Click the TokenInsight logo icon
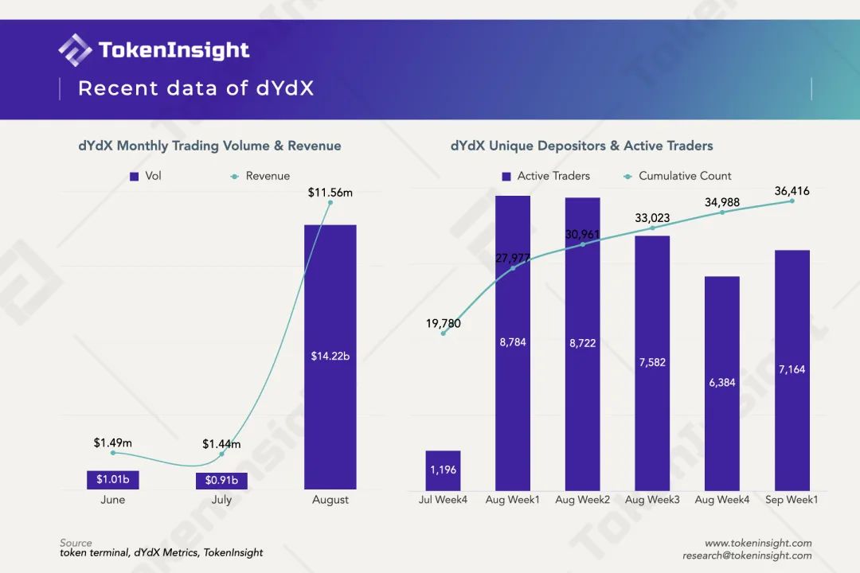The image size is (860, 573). coord(75,50)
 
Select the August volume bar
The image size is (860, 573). coord(330,357)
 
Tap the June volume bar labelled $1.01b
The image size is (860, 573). coord(113,479)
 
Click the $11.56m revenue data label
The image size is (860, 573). coord(330,192)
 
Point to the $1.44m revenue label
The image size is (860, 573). coord(221,444)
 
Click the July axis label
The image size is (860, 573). coord(221,500)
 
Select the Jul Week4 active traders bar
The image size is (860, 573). coord(443,470)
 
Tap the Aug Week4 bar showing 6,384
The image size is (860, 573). coord(722,383)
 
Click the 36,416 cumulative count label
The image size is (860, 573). coord(792,191)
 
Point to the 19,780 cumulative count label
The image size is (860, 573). coord(443,324)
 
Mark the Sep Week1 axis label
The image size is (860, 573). coord(792,500)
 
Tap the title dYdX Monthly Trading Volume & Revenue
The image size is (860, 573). coord(209,146)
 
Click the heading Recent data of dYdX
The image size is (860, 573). coord(196,88)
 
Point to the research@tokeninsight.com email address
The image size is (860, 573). coord(747,555)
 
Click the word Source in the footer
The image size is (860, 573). coord(76,543)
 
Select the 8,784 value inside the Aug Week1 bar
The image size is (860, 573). coord(512,342)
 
